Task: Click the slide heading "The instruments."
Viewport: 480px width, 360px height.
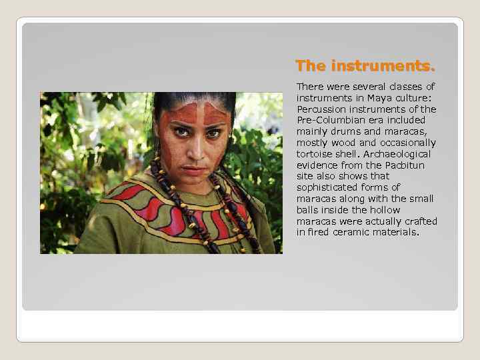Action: click(365, 66)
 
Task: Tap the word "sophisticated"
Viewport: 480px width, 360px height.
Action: click(326, 187)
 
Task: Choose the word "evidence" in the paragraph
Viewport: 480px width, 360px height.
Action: click(318, 165)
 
